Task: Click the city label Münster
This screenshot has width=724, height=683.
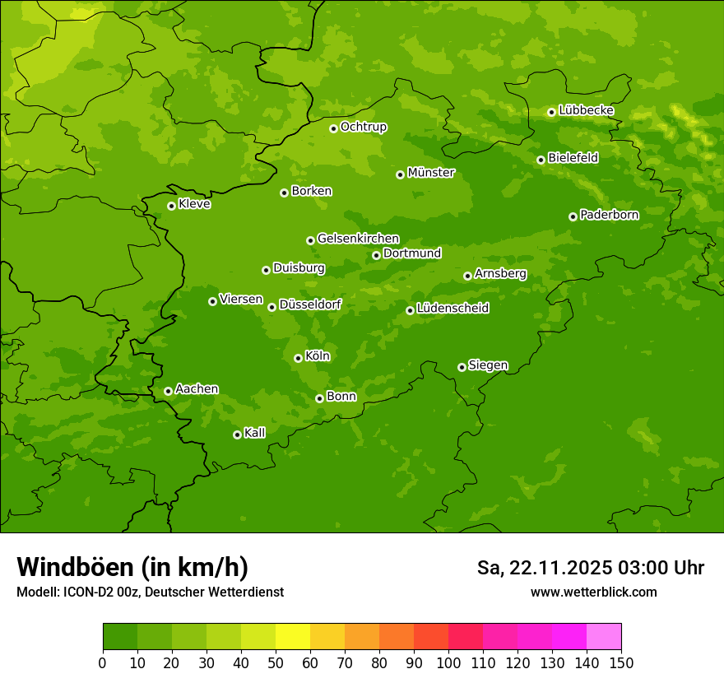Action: click(430, 173)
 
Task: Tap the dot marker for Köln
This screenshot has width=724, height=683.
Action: click(298, 358)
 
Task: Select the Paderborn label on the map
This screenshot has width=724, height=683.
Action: click(609, 215)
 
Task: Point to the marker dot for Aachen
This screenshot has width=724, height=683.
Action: click(168, 391)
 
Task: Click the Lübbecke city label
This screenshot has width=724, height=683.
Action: click(586, 110)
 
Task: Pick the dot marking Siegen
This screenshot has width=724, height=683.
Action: click(462, 367)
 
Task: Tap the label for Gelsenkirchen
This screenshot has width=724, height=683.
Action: click(358, 239)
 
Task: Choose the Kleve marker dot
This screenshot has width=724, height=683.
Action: click(171, 206)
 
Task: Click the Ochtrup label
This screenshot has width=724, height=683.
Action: click(363, 127)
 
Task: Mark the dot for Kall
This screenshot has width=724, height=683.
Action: click(237, 434)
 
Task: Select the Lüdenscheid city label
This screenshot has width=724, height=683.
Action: click(452, 309)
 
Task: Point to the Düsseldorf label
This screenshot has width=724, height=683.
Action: click(309, 304)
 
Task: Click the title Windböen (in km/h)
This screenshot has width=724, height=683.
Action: click(132, 567)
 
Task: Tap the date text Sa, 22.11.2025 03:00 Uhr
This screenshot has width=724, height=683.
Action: click(590, 568)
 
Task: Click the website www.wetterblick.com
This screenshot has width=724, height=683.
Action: click(593, 592)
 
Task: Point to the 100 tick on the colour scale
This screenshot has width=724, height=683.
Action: click(448, 662)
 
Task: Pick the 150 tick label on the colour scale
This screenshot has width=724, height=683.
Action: click(621, 662)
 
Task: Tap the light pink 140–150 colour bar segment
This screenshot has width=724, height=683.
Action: click(604, 637)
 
